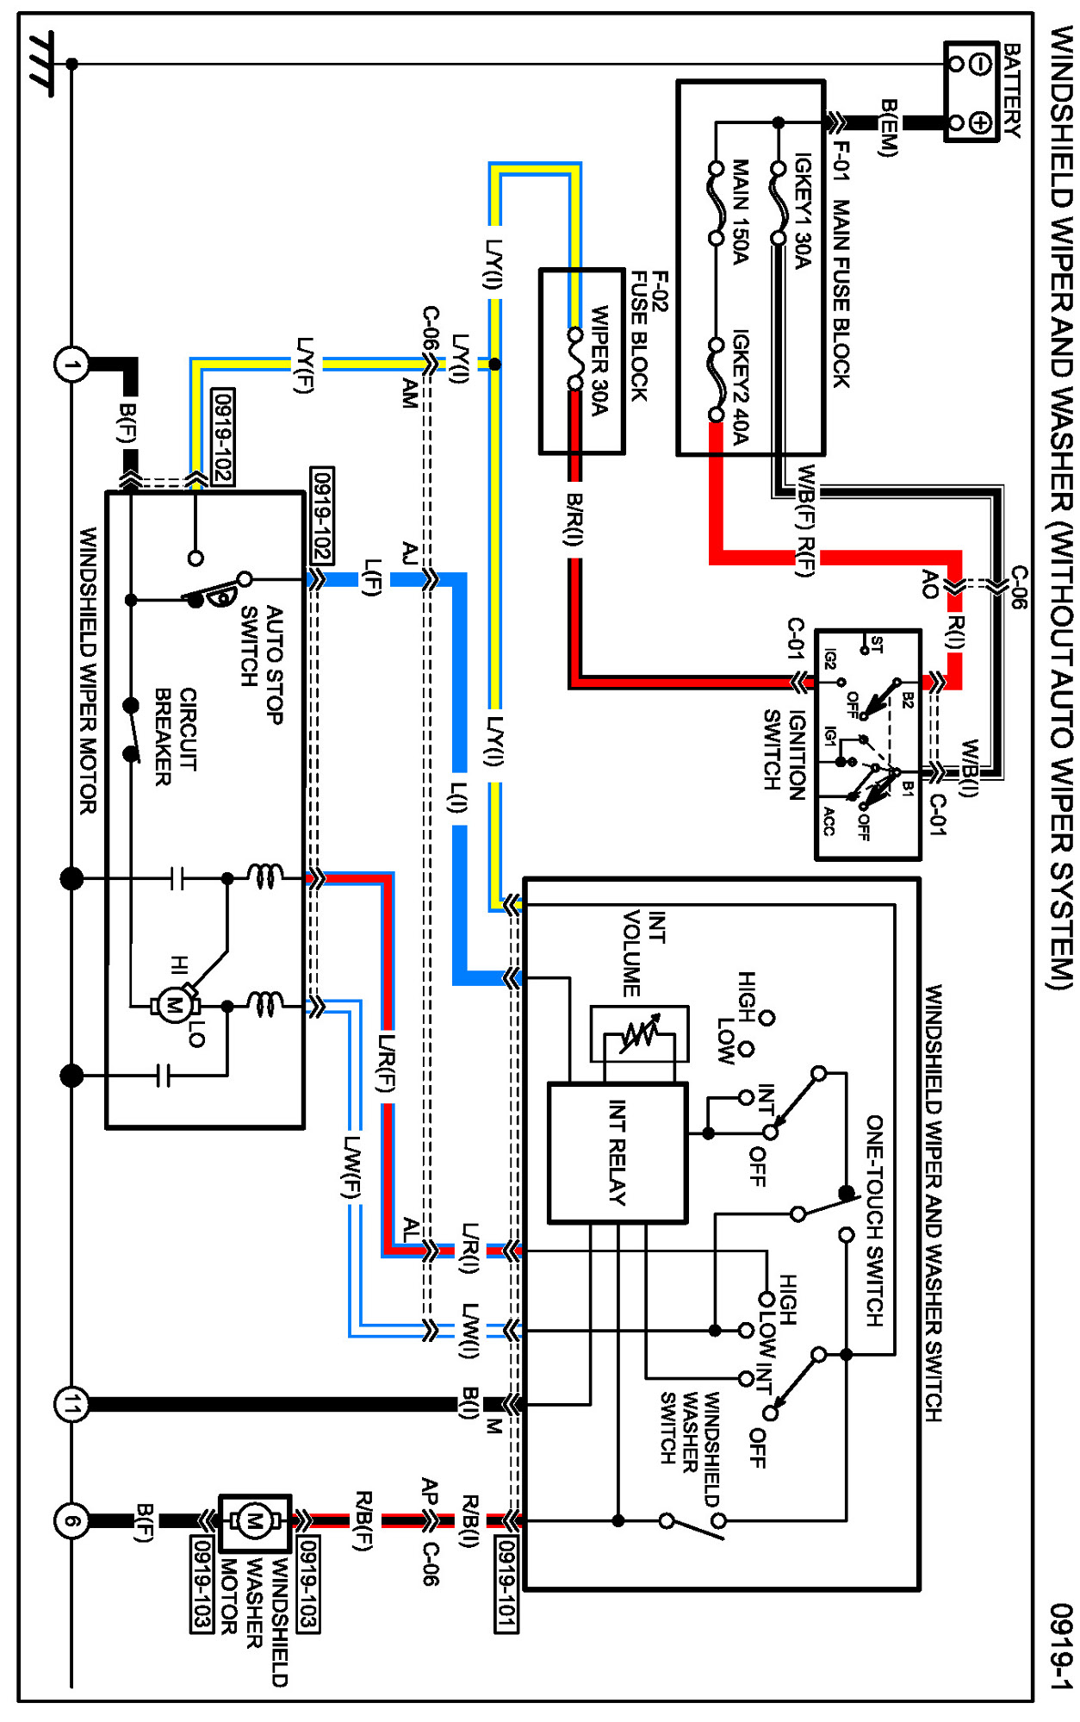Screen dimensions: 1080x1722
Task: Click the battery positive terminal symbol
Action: (x=979, y=123)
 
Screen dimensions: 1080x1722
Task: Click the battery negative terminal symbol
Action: (x=979, y=64)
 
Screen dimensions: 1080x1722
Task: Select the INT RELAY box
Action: (x=618, y=1152)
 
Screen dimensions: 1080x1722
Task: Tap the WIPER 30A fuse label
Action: (x=600, y=359)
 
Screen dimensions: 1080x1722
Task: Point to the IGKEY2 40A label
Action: (x=740, y=387)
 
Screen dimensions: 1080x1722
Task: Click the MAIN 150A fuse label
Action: (x=740, y=211)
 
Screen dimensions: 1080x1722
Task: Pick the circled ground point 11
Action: (x=71, y=1404)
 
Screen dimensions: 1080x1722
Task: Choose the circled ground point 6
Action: (x=71, y=1520)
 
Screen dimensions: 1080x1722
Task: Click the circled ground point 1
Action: (x=71, y=365)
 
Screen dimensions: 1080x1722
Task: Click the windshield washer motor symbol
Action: (x=254, y=1521)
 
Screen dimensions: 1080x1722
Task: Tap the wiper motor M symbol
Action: (x=175, y=1005)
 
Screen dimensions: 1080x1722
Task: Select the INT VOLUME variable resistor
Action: (x=639, y=1033)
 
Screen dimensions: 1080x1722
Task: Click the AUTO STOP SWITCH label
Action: (x=262, y=664)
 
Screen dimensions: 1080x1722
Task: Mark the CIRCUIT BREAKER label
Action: (x=175, y=737)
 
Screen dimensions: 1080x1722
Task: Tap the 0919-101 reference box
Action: (x=506, y=1584)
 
